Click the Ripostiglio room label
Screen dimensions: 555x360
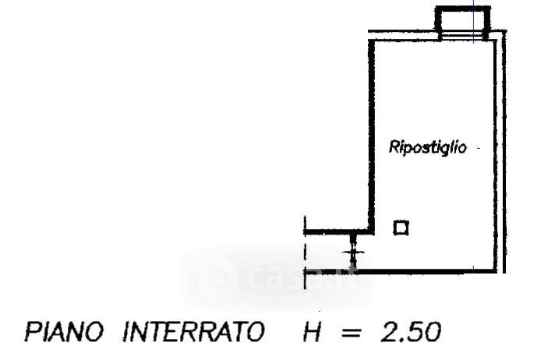tap(428, 147)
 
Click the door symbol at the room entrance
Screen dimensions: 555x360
tap(355, 250)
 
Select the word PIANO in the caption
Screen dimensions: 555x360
tap(64, 333)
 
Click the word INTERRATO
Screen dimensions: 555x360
tap(192, 333)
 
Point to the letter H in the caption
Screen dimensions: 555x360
tap(313, 333)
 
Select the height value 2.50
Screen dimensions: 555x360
tap(410, 333)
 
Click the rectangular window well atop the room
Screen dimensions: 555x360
tap(463, 21)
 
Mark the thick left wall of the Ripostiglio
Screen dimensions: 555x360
tap(371, 132)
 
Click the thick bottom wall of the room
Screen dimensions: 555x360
tap(425, 270)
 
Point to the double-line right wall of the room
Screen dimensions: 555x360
tap(500, 156)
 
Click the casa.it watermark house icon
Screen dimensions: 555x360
tap(217, 277)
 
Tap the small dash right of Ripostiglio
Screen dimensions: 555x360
tap(476, 147)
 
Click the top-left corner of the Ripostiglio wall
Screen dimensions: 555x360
tap(372, 40)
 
